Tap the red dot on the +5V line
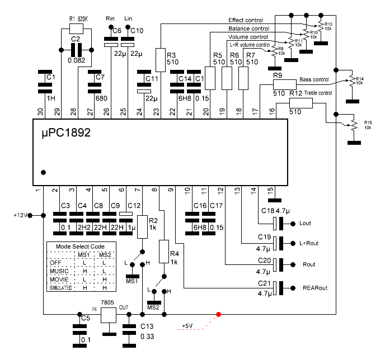[218, 314]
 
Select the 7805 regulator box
[107, 315]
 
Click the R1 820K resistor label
[80, 18]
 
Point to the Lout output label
[306, 224]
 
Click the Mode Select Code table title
[81, 247]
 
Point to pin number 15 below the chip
[270, 190]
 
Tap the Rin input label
[110, 18]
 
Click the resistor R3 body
[160, 59]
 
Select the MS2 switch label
[153, 307]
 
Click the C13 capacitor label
[147, 326]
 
